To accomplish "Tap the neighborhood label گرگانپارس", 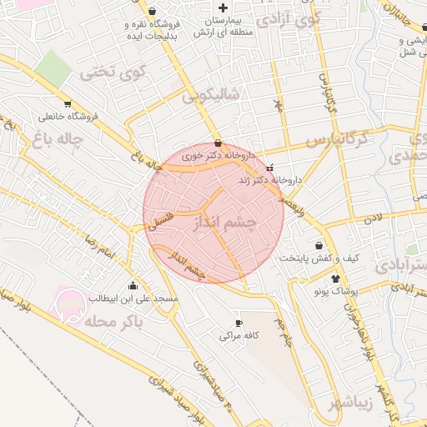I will click(x=336, y=140).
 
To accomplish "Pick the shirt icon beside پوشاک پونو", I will click(x=335, y=279).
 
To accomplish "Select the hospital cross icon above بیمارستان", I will click(x=222, y=8).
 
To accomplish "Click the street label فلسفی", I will click(x=163, y=216).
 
